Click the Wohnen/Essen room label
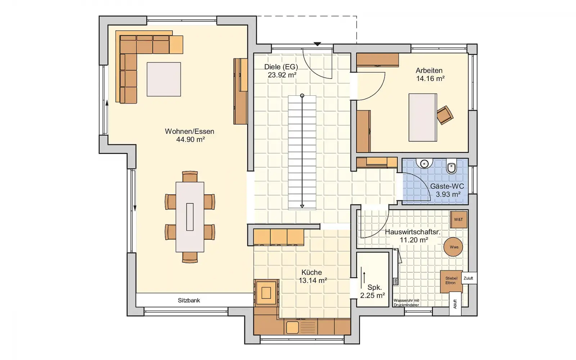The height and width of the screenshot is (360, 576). click(x=189, y=131)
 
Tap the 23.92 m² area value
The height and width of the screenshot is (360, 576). click(x=282, y=75)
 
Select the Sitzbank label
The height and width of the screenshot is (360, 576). click(x=189, y=300)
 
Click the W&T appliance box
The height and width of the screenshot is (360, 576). click(x=459, y=220)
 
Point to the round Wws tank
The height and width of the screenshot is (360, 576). click(x=453, y=247)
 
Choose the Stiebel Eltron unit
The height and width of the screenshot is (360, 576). click(x=451, y=281)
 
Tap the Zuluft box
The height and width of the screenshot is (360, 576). click(x=468, y=278)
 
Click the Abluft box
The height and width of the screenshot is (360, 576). click(x=455, y=304)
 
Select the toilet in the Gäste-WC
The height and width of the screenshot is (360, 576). click(x=451, y=166)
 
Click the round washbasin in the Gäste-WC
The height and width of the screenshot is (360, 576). click(x=424, y=163)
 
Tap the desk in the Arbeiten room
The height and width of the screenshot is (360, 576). click(x=423, y=117)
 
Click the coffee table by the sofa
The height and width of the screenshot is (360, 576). click(x=164, y=79)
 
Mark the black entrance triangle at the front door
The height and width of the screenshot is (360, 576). click(x=318, y=44)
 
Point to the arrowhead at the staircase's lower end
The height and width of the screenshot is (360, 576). click(x=302, y=206)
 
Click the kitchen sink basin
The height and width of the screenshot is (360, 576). click(x=292, y=327)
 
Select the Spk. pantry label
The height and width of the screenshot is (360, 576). click(x=375, y=287)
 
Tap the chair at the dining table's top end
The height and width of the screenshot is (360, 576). click(x=190, y=177)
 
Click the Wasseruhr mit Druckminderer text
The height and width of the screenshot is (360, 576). click(x=406, y=303)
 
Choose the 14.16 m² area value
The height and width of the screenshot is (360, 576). click(x=431, y=78)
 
